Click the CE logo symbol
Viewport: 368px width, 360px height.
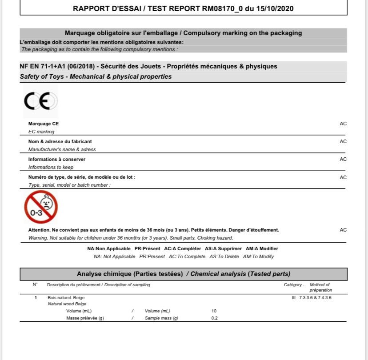pyautogui.click(x=40, y=102)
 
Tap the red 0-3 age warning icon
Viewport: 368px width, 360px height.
pyautogui.click(x=40, y=207)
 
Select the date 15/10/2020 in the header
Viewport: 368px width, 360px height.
pyautogui.click(x=277, y=8)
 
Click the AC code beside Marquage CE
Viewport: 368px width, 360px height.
pyautogui.click(x=343, y=124)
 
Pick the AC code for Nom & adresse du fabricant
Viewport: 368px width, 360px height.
pyautogui.click(x=343, y=141)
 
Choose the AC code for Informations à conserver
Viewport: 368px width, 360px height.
pyautogui.click(x=343, y=159)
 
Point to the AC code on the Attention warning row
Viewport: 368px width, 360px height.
pyautogui.click(x=343, y=230)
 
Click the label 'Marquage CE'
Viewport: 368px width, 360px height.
pyautogui.click(x=44, y=124)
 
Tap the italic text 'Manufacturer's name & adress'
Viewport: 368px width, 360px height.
pyautogui.click(x=62, y=149)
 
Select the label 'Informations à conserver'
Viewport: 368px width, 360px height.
pyautogui.click(x=57, y=159)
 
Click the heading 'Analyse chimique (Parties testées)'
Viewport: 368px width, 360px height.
pyautogui.click(x=130, y=274)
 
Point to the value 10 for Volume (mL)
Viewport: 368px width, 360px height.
pyautogui.click(x=214, y=311)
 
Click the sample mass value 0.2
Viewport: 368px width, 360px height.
pyautogui.click(x=215, y=318)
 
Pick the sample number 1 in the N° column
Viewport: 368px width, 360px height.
pyautogui.click(x=36, y=297)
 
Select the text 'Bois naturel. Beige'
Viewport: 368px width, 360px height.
pyautogui.click(x=66, y=297)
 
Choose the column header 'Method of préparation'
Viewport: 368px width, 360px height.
pyautogui.click(x=320, y=287)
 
